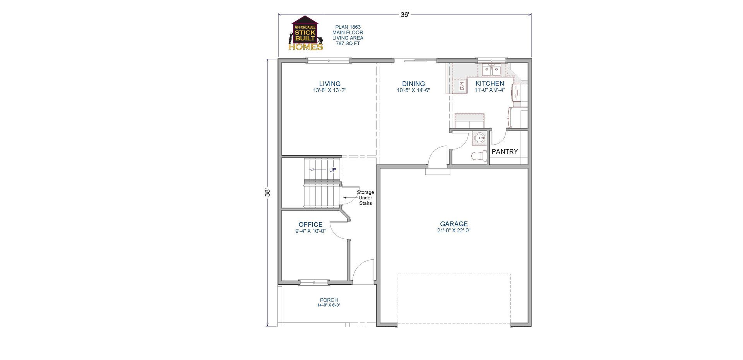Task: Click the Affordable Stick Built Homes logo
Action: point(306,33)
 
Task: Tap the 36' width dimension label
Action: point(405,15)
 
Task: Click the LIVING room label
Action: point(330,84)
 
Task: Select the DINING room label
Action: point(413,84)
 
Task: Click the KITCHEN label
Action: point(490,83)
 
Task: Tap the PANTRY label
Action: point(505,152)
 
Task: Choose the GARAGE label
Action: point(454,224)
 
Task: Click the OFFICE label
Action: point(310,225)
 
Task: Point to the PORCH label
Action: point(329,300)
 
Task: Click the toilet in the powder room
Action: point(479,156)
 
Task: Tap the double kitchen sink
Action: point(491,71)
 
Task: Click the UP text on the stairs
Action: point(332,170)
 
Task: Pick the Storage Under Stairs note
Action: point(365,197)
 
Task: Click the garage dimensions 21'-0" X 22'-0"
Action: point(454,231)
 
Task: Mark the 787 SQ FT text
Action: point(348,43)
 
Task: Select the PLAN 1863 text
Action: point(348,27)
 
